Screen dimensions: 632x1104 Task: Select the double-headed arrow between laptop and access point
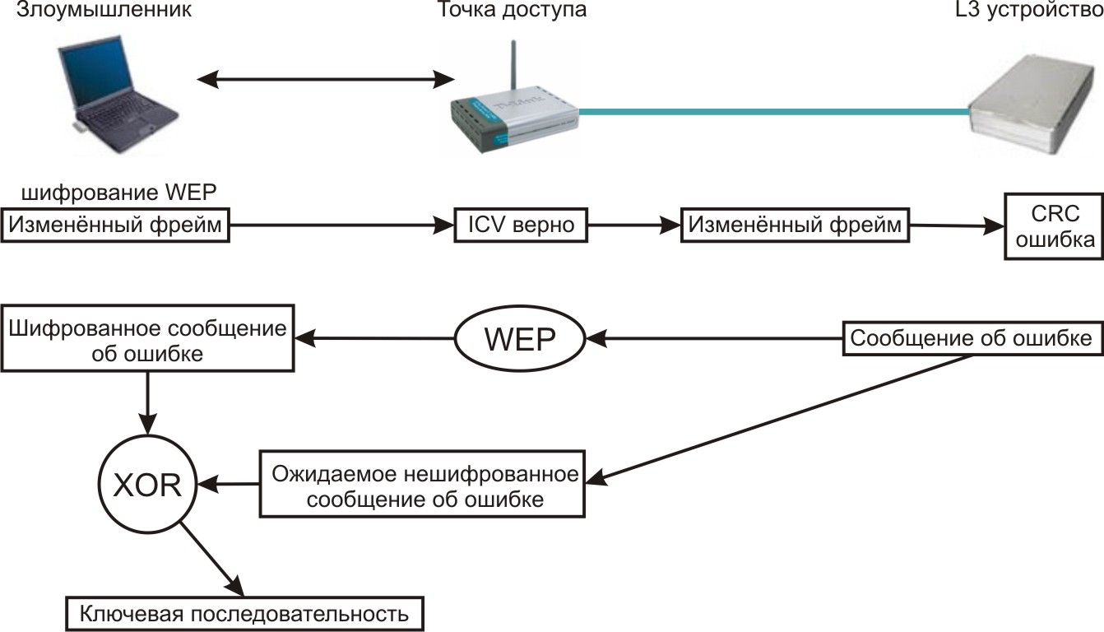(326, 79)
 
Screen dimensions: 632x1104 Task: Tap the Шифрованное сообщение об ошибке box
(147, 340)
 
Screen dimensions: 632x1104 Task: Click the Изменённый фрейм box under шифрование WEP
(115, 225)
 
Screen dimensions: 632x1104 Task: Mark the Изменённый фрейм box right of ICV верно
(794, 224)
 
